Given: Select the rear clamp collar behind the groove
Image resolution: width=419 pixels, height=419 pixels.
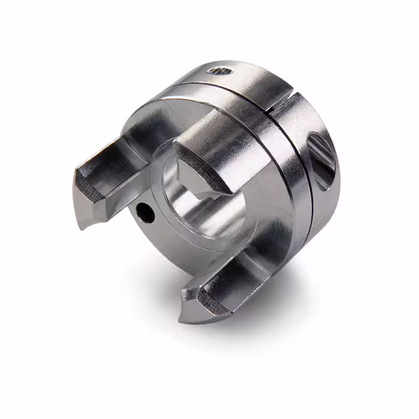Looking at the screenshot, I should click(314, 196).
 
